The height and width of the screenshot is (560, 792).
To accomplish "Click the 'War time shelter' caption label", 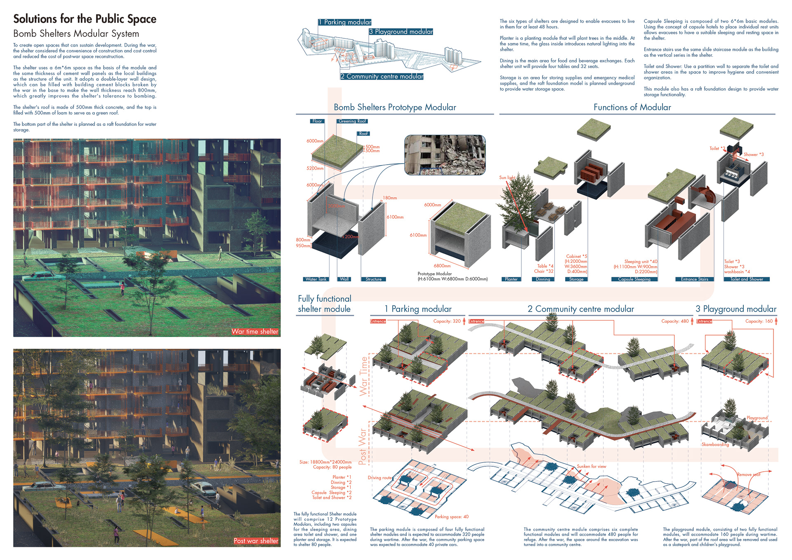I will coord(255,331).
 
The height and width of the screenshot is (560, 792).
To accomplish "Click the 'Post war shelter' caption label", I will coord(256,541).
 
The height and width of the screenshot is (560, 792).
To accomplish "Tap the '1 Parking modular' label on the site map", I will coord(345,22).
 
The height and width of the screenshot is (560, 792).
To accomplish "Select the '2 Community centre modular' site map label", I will coord(382,76).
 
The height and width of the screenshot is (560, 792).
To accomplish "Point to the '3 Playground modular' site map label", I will coord(401,32).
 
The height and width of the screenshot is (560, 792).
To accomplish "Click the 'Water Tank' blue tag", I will coord(316,279).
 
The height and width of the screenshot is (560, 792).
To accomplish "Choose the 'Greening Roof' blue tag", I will coord(352,121).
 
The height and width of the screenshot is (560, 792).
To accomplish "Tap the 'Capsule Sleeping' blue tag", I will coord(634,279).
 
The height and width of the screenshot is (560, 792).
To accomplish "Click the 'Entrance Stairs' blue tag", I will coord(694,279).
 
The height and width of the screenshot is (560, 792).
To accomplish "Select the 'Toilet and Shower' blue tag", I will coord(747,279).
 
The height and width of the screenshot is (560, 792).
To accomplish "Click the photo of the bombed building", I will coord(445,155).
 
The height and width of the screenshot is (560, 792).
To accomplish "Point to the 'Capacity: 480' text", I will coord(675,321).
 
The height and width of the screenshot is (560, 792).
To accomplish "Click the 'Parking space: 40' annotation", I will coord(452,517).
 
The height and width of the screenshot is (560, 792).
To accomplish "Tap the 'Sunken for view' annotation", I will coord(592,466).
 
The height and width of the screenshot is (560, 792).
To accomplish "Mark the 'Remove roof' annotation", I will coord(748,475).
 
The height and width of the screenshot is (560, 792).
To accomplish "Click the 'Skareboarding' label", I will coord(715,444).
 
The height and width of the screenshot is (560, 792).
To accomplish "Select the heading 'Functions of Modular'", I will coord(632,107).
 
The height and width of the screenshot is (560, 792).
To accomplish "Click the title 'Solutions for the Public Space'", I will coord(85,19).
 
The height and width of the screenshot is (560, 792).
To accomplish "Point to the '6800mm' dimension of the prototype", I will coord(442,266).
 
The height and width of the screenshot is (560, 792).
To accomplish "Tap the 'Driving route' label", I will coord(380,478).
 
